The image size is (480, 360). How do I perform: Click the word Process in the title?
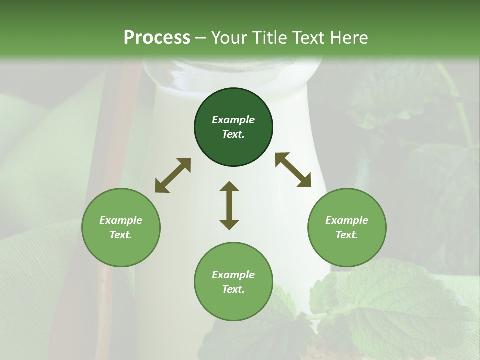pyautogui.click(x=157, y=38)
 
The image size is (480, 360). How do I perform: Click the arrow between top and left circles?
pyautogui.click(x=173, y=175)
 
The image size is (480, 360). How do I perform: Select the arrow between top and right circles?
pyautogui.click(x=293, y=170)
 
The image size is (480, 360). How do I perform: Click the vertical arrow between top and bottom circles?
pyautogui.click(x=229, y=205)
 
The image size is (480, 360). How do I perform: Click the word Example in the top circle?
pyautogui.click(x=233, y=120)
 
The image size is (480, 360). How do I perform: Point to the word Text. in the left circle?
pyautogui.click(x=121, y=235)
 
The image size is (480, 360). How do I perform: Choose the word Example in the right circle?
pyautogui.click(x=347, y=220)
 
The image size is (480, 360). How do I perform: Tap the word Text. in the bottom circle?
pyautogui.click(x=233, y=289)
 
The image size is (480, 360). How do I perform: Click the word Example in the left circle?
pyautogui.click(x=121, y=220)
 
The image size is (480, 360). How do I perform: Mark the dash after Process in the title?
pyautogui.click(x=201, y=38)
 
